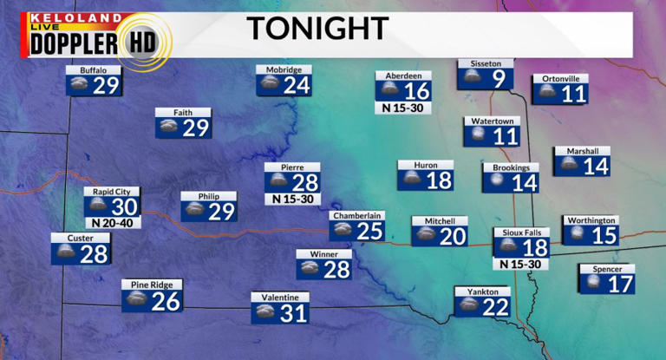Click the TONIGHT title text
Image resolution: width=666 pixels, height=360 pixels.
(316, 28)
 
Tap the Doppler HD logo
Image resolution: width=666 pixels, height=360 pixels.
(96, 37)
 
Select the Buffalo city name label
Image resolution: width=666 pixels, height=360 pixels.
(93, 69)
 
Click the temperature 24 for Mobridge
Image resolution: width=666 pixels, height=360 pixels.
(297, 85)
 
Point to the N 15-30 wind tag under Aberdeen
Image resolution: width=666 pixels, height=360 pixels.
(403, 108)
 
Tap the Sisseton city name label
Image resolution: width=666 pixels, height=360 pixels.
(486, 63)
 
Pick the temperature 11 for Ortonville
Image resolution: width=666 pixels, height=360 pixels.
(574, 94)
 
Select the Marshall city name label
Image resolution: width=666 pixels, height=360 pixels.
(582, 151)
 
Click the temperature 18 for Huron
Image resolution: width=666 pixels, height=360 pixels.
(439, 180)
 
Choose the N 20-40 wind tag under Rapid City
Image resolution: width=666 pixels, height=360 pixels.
(112, 223)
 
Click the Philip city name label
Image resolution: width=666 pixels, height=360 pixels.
(209, 196)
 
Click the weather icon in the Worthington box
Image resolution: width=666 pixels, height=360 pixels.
(577, 235)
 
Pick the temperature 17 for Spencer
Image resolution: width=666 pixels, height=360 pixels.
(620, 284)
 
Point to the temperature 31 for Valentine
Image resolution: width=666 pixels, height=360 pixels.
(294, 313)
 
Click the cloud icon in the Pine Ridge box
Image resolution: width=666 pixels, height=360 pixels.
(136, 300)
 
